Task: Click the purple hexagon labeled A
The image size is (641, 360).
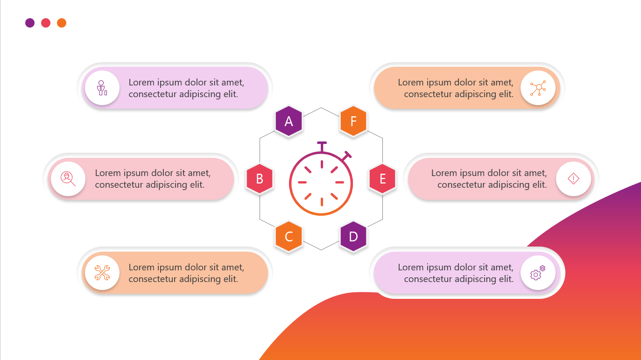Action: pos(289,121)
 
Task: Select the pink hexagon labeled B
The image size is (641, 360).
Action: pos(260,178)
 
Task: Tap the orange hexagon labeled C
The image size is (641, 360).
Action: pos(289,236)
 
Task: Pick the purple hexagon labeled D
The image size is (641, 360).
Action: pos(353,236)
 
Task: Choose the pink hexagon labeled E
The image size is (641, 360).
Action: pos(383,178)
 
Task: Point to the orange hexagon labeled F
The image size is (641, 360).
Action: pos(353,121)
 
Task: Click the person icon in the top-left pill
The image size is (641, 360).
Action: pos(102,88)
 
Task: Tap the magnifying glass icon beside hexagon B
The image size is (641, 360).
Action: pos(68,178)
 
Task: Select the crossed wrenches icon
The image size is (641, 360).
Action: pos(102,273)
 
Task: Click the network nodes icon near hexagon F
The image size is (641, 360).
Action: pos(538,88)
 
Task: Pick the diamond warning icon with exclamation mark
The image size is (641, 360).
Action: pos(573,178)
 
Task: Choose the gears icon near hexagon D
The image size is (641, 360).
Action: pos(538,273)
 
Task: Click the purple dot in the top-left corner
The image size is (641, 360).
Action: pos(30,23)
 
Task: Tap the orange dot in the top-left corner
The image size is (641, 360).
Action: pos(62,23)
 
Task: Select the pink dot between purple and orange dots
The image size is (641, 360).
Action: pos(46,23)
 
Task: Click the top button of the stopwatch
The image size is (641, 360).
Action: pos(322,143)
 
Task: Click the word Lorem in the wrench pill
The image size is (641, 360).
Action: pos(141,268)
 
